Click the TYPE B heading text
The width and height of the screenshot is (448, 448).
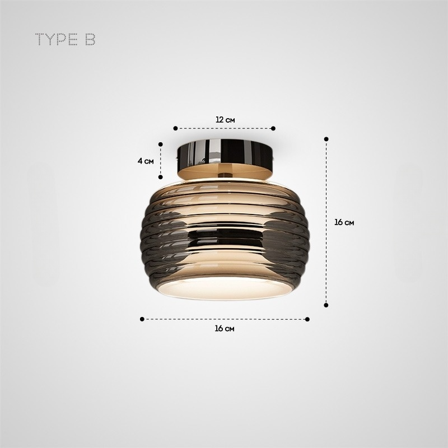coord(66,40)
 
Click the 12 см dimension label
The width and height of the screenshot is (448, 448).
coord(225,119)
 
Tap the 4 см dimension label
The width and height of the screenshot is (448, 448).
coord(146,161)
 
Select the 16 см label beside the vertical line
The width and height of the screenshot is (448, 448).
coord(344,222)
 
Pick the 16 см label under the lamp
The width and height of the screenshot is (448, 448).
coord(225,328)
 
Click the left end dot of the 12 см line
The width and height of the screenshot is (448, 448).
coord(175,128)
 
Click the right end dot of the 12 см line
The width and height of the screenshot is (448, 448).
coord(273,128)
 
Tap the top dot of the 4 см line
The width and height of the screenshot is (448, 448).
coord(161,144)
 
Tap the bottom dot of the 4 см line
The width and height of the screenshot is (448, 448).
coord(161,176)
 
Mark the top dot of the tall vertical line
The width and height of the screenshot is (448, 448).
coord(326,138)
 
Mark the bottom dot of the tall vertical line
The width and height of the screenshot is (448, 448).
coord(326,305)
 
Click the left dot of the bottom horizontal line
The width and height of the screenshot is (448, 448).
coord(142,319)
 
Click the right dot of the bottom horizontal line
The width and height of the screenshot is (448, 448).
coord(307,319)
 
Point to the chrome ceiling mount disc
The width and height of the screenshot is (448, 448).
coord(224,151)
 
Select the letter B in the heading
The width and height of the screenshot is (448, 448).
coord(90,40)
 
